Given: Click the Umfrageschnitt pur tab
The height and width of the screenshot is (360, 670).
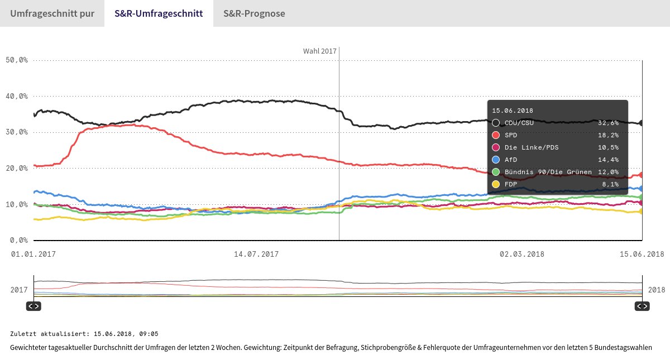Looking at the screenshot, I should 51,13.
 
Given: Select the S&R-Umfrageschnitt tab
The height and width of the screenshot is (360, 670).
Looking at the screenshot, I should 159,13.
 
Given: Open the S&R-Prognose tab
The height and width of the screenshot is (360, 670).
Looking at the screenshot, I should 254,13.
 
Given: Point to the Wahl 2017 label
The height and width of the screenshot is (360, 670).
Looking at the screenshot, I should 320,51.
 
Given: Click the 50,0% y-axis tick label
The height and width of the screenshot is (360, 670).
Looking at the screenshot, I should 16,60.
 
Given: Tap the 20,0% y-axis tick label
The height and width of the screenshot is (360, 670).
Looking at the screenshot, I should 16,169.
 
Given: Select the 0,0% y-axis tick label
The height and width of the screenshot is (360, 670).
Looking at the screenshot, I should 18,241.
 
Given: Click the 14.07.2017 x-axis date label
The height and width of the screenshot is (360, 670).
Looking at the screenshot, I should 256,254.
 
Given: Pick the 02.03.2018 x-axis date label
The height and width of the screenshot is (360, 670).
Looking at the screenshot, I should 521,254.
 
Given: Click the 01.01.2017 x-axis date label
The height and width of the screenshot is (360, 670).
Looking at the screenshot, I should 34,254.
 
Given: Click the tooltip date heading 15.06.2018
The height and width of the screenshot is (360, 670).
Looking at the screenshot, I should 513,111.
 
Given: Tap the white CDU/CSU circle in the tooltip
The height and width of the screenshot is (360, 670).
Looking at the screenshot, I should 496,123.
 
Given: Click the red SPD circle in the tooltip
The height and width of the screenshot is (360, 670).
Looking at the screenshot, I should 496,135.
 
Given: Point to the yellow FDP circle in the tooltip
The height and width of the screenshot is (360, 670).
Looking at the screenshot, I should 496,184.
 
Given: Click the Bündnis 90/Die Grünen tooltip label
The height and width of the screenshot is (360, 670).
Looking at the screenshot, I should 548,172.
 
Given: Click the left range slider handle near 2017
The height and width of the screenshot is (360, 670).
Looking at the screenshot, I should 33,306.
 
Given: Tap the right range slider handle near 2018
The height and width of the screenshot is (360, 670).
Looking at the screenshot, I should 642,306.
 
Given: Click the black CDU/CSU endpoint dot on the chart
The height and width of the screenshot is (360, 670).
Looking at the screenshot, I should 642,123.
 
